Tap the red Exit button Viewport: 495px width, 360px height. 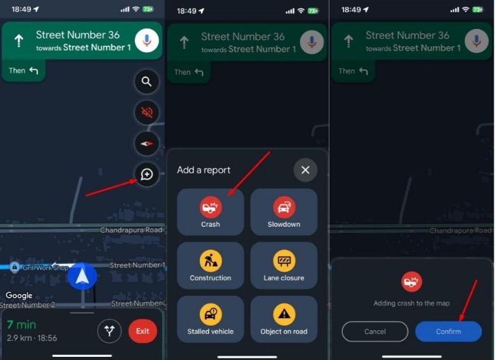point(143,331)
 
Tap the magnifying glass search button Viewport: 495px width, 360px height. point(147,82)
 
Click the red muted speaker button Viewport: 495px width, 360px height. point(147,112)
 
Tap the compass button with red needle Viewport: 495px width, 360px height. point(147,143)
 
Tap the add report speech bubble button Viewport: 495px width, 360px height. point(147,175)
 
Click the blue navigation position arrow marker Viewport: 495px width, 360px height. point(82,276)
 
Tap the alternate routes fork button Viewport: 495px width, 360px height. point(110,331)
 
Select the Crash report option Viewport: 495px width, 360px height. point(210,212)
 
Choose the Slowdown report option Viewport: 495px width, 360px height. point(284,212)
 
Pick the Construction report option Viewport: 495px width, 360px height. point(210,265)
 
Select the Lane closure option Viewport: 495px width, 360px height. point(284,265)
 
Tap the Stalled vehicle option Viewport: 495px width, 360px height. point(210,319)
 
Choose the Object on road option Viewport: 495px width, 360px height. point(284,319)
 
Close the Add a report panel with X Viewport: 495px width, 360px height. point(305,170)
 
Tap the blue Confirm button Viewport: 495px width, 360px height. point(448,331)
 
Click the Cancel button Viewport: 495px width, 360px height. point(375,331)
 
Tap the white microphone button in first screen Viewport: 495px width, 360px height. point(147,41)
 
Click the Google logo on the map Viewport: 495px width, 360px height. point(19,296)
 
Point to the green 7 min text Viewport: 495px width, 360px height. point(22,324)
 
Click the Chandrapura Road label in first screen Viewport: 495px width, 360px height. point(131,230)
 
